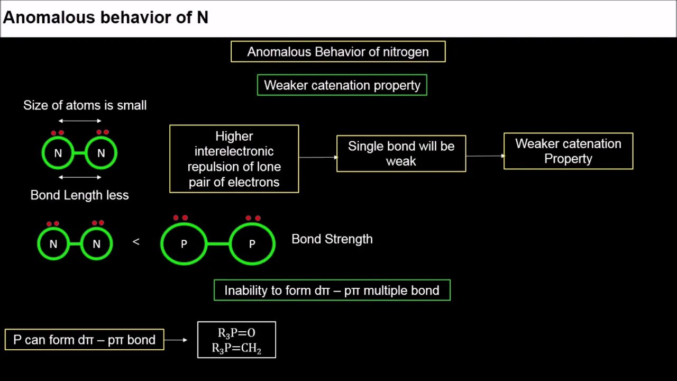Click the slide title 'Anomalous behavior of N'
click(106, 17)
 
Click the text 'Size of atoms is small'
click(85, 105)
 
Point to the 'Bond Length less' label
click(79, 195)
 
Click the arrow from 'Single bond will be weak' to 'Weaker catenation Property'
click(485, 156)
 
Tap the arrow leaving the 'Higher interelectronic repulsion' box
click(318, 157)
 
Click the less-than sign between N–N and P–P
click(136, 241)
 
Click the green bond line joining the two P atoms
click(218, 244)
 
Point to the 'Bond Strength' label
click(332, 239)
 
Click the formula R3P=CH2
click(236, 348)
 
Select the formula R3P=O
click(236, 333)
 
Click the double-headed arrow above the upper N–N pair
click(80, 121)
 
